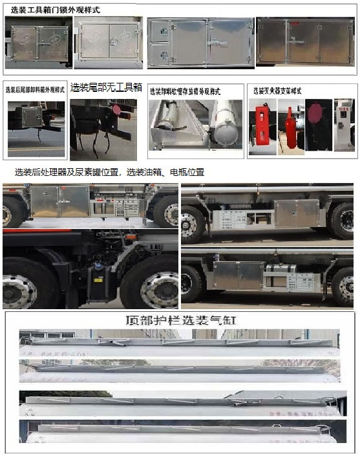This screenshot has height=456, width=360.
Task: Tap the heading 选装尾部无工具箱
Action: (106, 88)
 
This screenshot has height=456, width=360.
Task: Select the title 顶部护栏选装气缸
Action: (179, 320)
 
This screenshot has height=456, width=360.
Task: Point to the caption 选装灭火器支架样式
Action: (277, 91)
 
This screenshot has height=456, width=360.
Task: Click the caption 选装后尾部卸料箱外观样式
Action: (35, 90)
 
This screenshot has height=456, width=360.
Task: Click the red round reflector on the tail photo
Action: (117, 110)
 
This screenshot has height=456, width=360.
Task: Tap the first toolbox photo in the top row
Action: (37, 43)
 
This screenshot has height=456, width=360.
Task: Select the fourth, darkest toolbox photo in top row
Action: (305, 41)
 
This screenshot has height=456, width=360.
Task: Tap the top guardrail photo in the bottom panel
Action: (179, 343)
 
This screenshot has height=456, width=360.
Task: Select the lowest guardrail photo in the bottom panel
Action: (179, 433)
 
